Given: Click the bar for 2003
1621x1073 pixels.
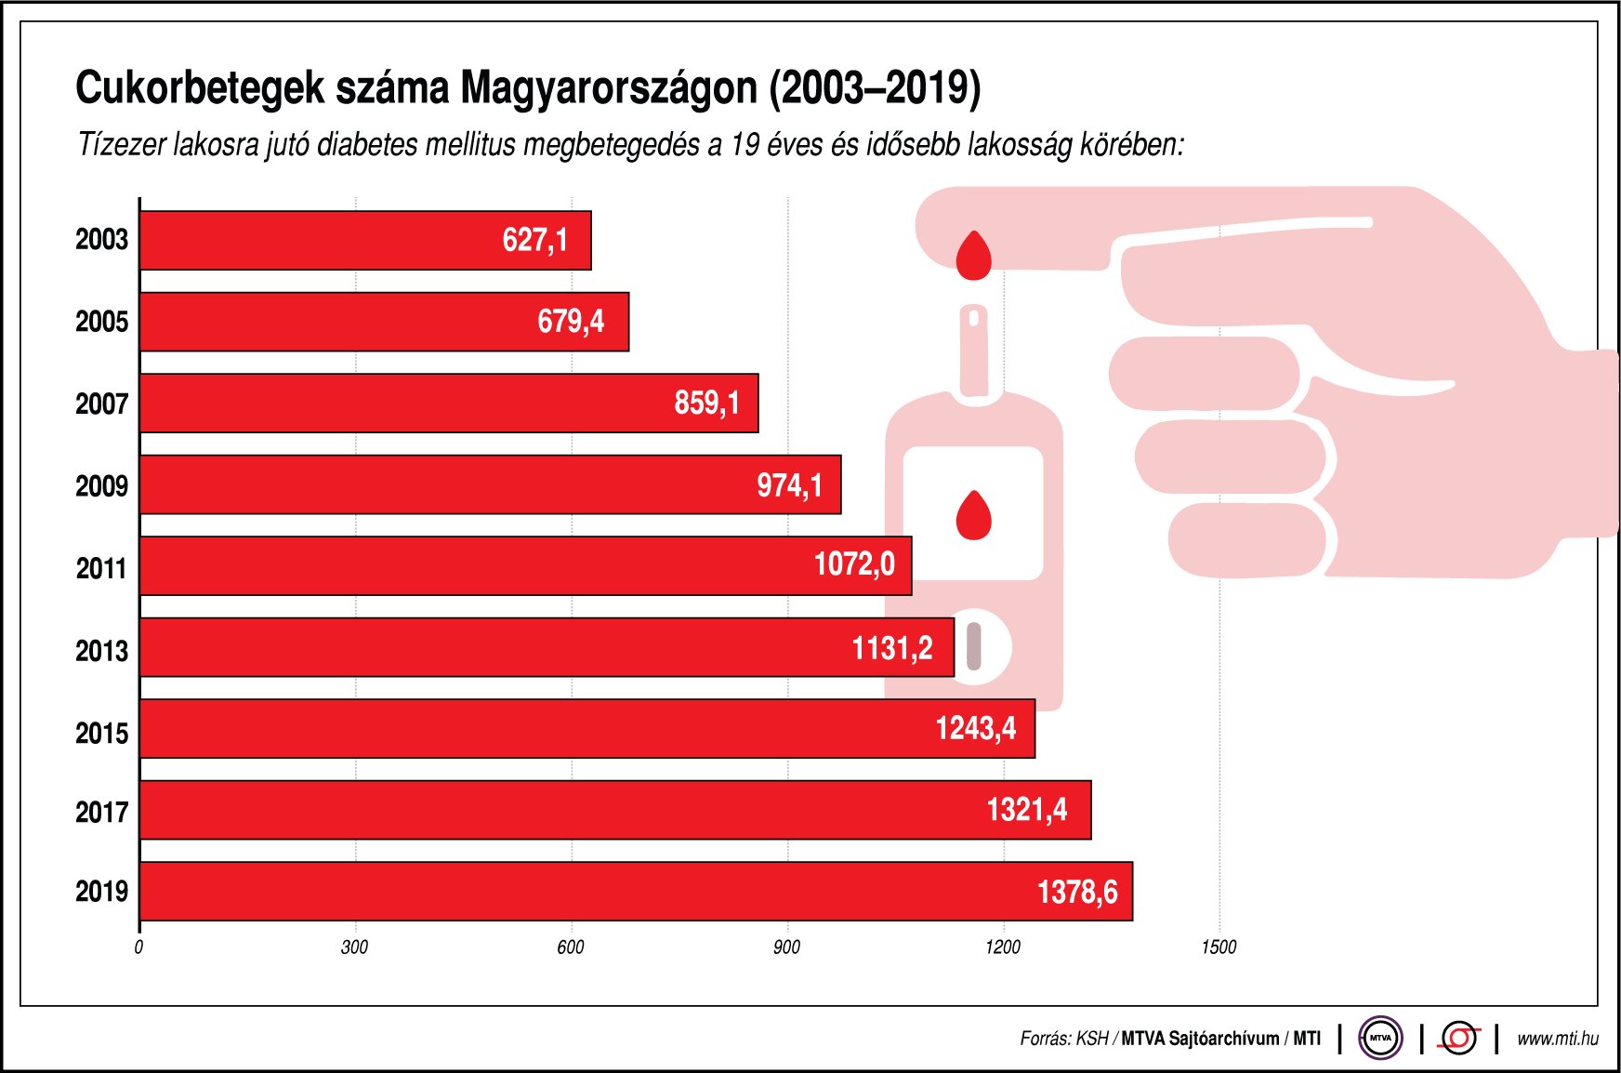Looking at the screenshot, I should [x=364, y=241].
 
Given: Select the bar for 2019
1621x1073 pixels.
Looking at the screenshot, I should [x=636, y=892].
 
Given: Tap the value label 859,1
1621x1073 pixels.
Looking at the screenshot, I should [x=706, y=404].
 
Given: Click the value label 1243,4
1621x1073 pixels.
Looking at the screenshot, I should [x=975, y=729].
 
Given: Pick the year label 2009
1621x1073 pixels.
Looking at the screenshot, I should [x=101, y=486].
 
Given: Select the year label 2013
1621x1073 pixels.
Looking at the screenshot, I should [x=101, y=651].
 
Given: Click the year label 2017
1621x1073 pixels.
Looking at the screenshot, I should [x=101, y=813].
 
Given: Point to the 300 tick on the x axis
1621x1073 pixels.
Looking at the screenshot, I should [x=354, y=947].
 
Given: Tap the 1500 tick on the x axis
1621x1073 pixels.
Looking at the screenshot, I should [x=1219, y=947].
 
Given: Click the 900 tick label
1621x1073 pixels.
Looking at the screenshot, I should [x=786, y=947].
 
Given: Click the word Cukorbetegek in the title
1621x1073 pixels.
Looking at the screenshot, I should [x=199, y=88].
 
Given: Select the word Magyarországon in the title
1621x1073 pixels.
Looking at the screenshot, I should [x=609, y=88].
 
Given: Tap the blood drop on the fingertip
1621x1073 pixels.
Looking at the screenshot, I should [x=973, y=257].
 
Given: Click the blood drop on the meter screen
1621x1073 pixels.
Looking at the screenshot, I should [x=973, y=516].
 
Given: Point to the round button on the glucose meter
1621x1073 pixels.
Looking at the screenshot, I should [x=973, y=647].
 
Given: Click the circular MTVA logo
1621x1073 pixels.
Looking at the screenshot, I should [x=1380, y=1038].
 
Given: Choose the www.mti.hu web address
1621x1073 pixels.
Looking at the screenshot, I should [x=1557, y=1039].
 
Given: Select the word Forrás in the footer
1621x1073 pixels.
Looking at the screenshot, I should [x=1044, y=1039].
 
